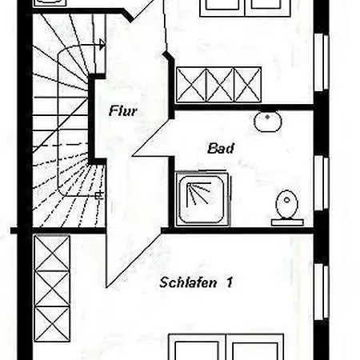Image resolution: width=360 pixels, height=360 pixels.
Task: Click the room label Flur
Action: click(123, 110)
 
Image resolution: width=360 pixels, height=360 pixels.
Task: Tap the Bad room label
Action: click(221, 148)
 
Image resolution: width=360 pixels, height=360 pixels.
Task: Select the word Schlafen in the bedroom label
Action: click(188, 282)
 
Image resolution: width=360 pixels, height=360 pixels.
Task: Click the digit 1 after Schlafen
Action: click(230, 282)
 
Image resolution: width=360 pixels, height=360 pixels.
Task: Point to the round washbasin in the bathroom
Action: click(268, 122)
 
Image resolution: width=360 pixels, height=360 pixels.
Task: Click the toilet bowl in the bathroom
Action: click(286, 204)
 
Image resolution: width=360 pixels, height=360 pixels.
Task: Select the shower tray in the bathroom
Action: click(202, 199)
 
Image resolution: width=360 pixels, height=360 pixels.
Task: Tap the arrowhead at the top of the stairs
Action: click(102, 44)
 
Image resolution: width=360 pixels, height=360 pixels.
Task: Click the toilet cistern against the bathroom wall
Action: click(287, 222)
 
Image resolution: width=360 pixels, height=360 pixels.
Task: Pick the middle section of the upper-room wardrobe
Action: click(220, 85)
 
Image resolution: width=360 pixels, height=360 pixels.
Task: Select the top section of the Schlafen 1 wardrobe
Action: click(52, 253)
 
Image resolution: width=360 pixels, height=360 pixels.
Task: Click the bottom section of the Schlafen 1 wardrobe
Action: click(52, 324)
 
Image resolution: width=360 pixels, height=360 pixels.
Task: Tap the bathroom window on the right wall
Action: click(322, 182)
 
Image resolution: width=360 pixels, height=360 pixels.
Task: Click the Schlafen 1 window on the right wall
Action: click(322, 292)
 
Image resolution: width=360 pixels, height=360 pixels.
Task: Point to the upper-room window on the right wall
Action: click(322, 62)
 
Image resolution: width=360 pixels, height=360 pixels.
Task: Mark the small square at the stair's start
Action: click(99, 196)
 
